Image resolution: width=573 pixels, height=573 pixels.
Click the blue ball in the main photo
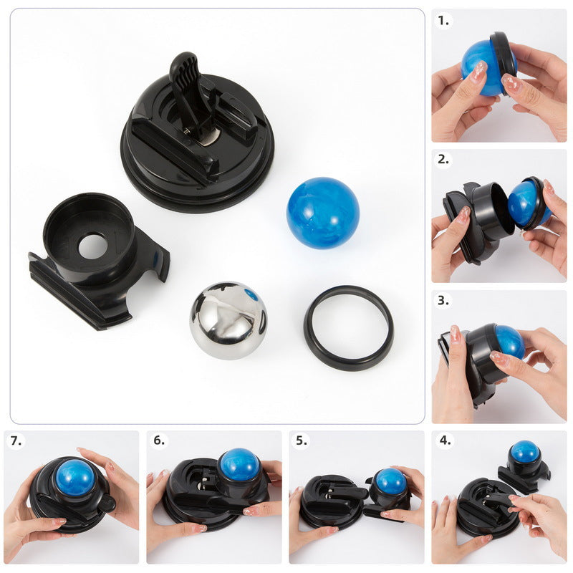click(322, 213)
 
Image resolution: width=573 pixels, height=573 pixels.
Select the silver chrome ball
click(228, 320)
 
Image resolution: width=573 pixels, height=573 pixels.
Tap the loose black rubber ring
click(348, 327)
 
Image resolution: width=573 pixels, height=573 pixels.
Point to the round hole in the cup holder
click(92, 246)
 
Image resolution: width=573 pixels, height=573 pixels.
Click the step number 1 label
click(445, 21)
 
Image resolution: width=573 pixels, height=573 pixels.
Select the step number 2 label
click(445, 160)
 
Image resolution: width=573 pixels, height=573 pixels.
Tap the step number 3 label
click(445, 300)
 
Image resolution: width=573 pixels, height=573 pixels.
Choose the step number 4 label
click(445, 440)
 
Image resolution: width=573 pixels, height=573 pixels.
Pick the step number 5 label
click(302, 440)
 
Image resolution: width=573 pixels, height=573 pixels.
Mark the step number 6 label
click(159, 440)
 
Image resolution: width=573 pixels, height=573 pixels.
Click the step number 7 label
click(16, 440)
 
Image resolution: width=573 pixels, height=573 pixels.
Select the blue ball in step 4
click(524, 452)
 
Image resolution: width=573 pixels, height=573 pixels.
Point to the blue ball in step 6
click(239, 465)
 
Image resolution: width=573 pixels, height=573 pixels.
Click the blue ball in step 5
click(390, 481)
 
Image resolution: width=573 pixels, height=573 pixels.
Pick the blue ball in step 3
click(509, 340)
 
